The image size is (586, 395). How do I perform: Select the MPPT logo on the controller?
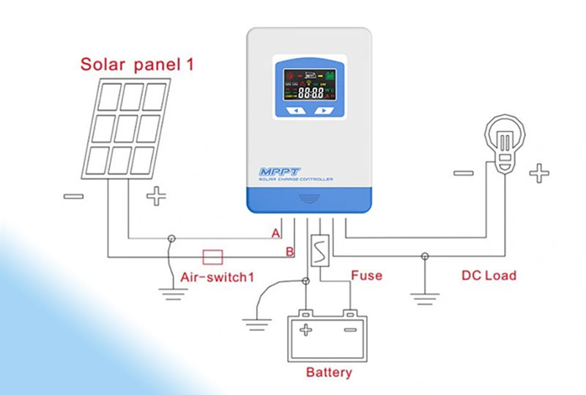(x=275, y=172)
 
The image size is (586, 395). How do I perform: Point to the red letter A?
(x=275, y=233)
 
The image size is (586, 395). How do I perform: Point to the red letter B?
(x=289, y=252)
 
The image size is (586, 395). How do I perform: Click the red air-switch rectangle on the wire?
(x=212, y=256)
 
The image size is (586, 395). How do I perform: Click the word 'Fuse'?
(x=366, y=276)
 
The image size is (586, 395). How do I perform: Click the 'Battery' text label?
(x=328, y=372)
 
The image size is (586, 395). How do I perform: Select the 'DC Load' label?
(x=489, y=276)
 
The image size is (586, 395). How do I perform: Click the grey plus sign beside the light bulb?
(x=539, y=173)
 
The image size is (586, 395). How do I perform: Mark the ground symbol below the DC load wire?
(x=425, y=296)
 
